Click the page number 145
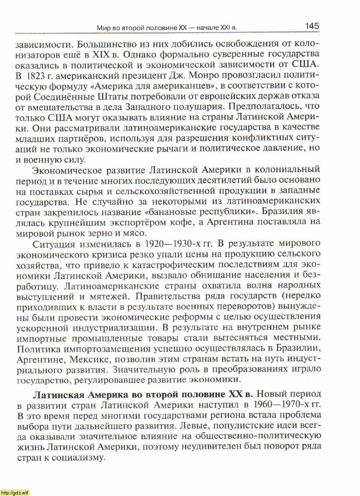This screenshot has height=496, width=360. (x=312, y=26)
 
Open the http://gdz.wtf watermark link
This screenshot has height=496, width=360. (x=15, y=493)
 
